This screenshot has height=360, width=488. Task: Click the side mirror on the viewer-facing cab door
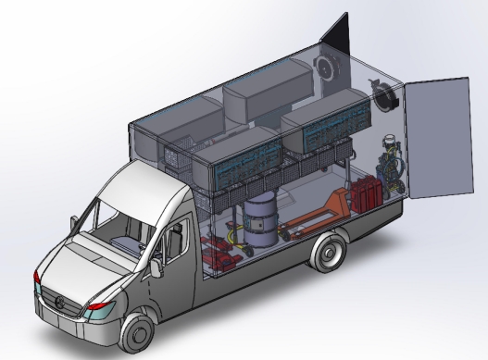point(156,265)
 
